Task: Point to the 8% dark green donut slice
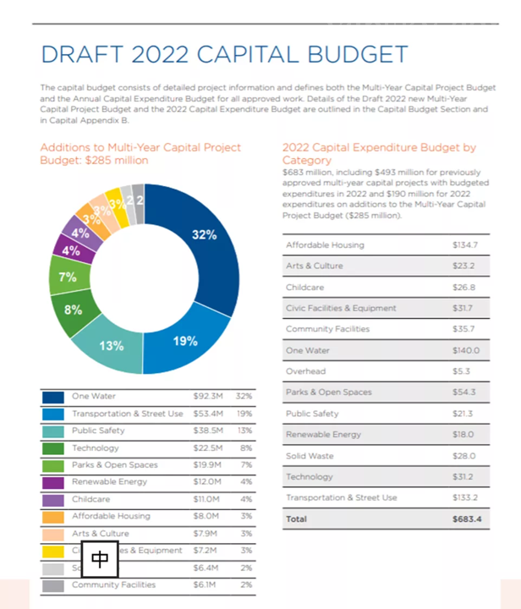click(x=72, y=310)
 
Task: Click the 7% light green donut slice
click(x=68, y=277)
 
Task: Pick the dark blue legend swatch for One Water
click(x=53, y=396)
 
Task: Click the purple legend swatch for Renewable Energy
click(x=53, y=481)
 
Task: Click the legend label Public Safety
click(x=99, y=430)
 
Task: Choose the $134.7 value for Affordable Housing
click(x=465, y=245)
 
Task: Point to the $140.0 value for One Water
click(x=465, y=350)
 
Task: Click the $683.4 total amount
click(x=466, y=518)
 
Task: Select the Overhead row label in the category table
click(x=305, y=371)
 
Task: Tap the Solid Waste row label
click(x=310, y=456)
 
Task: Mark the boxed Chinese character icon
click(x=100, y=558)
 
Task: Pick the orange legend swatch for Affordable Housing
click(x=53, y=516)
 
